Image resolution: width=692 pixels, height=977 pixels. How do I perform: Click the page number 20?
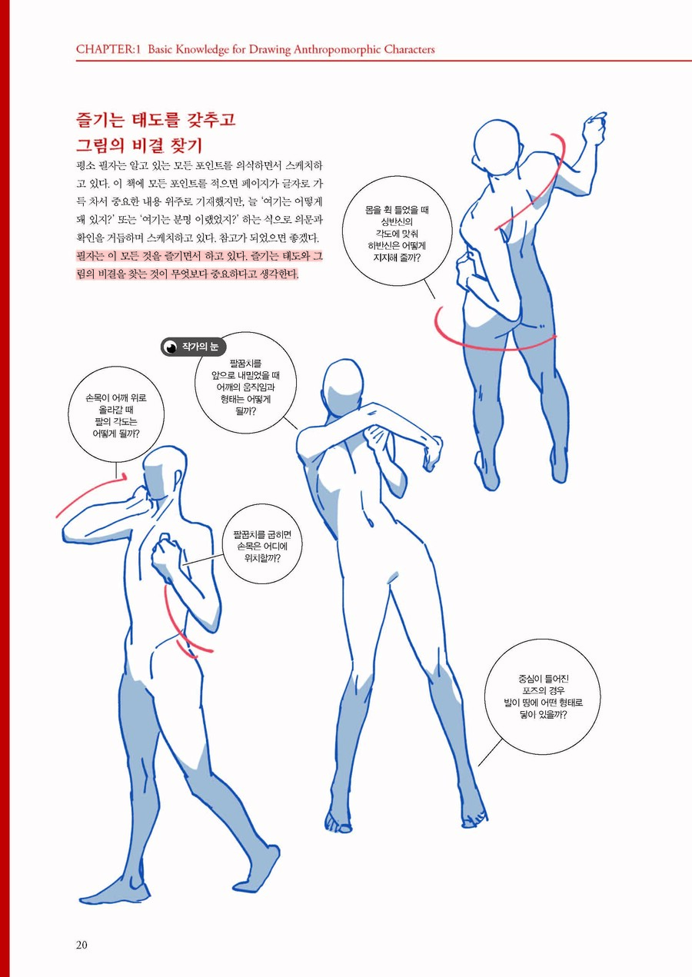point(82,945)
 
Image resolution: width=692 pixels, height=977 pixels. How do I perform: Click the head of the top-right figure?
point(493,143)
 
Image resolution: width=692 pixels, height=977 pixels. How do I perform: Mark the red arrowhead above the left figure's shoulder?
point(121,477)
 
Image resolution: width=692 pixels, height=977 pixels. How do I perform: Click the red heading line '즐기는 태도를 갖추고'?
point(155,121)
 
